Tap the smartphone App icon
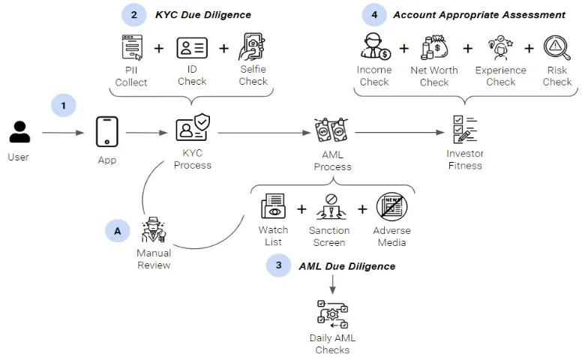click(107, 132)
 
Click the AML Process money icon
click(331, 130)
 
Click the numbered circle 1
click(64, 106)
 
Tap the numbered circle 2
click(134, 14)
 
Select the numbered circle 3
click(278, 265)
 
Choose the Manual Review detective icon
click(154, 230)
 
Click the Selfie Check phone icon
click(253, 48)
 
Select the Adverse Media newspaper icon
click(391, 208)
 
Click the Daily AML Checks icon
click(332, 314)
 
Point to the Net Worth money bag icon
click(434, 49)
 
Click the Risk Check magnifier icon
click(556, 49)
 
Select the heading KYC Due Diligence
click(202, 14)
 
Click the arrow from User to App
click(63, 133)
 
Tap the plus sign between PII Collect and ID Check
click(159, 49)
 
